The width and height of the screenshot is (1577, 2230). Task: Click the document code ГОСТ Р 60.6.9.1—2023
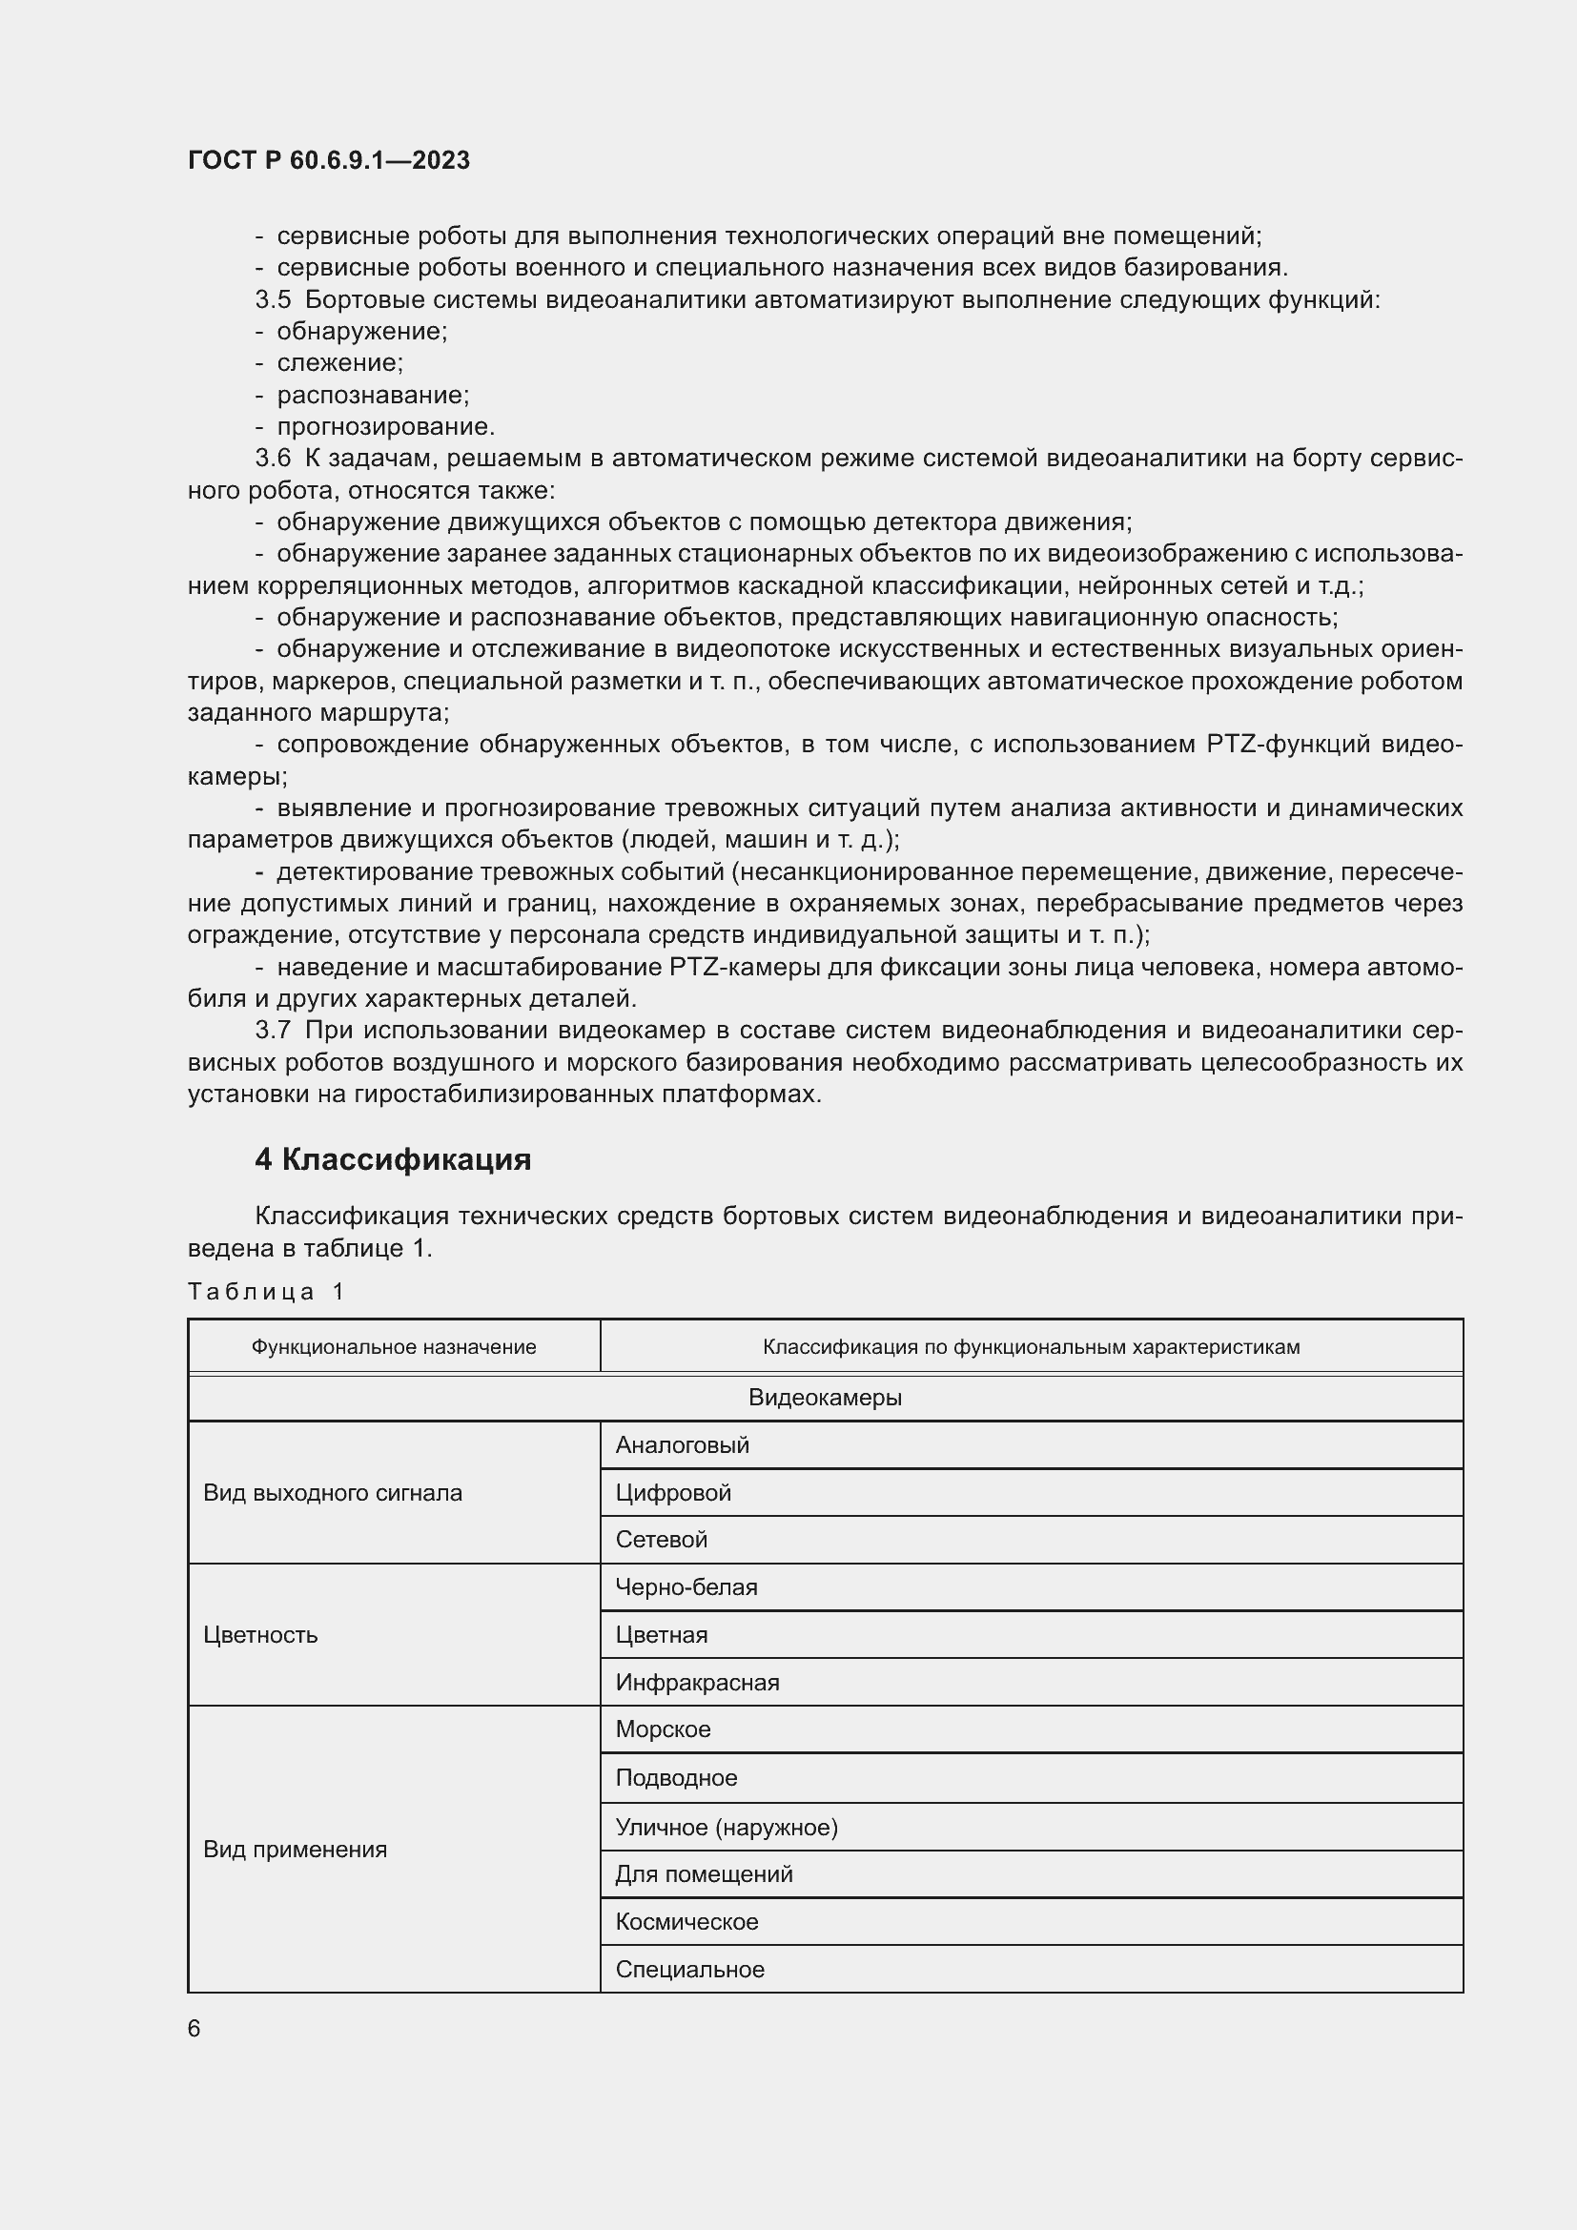click(328, 160)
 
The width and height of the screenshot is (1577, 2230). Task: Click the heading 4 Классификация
click(392, 1158)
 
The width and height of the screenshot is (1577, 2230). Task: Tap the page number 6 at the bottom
click(195, 2028)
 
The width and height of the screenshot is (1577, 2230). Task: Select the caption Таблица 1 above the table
click(266, 1291)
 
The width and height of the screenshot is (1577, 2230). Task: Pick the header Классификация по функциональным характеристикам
click(1031, 1346)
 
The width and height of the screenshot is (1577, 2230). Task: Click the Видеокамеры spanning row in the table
click(825, 1397)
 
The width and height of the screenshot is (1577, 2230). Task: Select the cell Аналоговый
click(682, 1444)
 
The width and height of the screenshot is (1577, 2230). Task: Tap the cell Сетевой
click(661, 1539)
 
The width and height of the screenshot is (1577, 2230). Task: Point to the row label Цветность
click(260, 1634)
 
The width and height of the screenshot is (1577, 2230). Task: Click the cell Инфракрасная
click(696, 1681)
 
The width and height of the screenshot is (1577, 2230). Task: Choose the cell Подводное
click(676, 1777)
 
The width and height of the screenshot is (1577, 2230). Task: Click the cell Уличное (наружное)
click(726, 1827)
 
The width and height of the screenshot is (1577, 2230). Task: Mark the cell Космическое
click(686, 1921)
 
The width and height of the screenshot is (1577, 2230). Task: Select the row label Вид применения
click(295, 1849)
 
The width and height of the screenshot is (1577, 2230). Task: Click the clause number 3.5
click(272, 299)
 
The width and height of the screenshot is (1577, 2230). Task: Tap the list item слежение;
click(338, 362)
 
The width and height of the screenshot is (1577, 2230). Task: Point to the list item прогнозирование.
click(385, 426)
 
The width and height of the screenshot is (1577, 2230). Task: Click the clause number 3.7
click(272, 1030)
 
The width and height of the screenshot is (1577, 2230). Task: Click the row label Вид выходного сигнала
click(332, 1492)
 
